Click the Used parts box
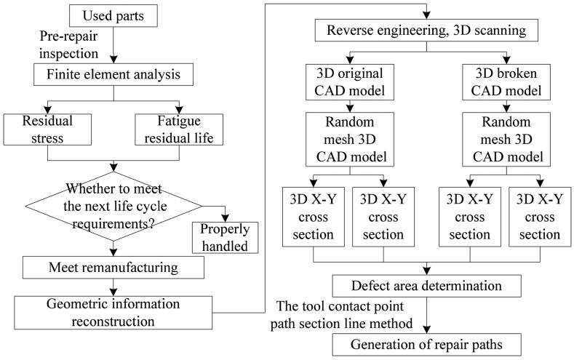click(113, 15)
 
